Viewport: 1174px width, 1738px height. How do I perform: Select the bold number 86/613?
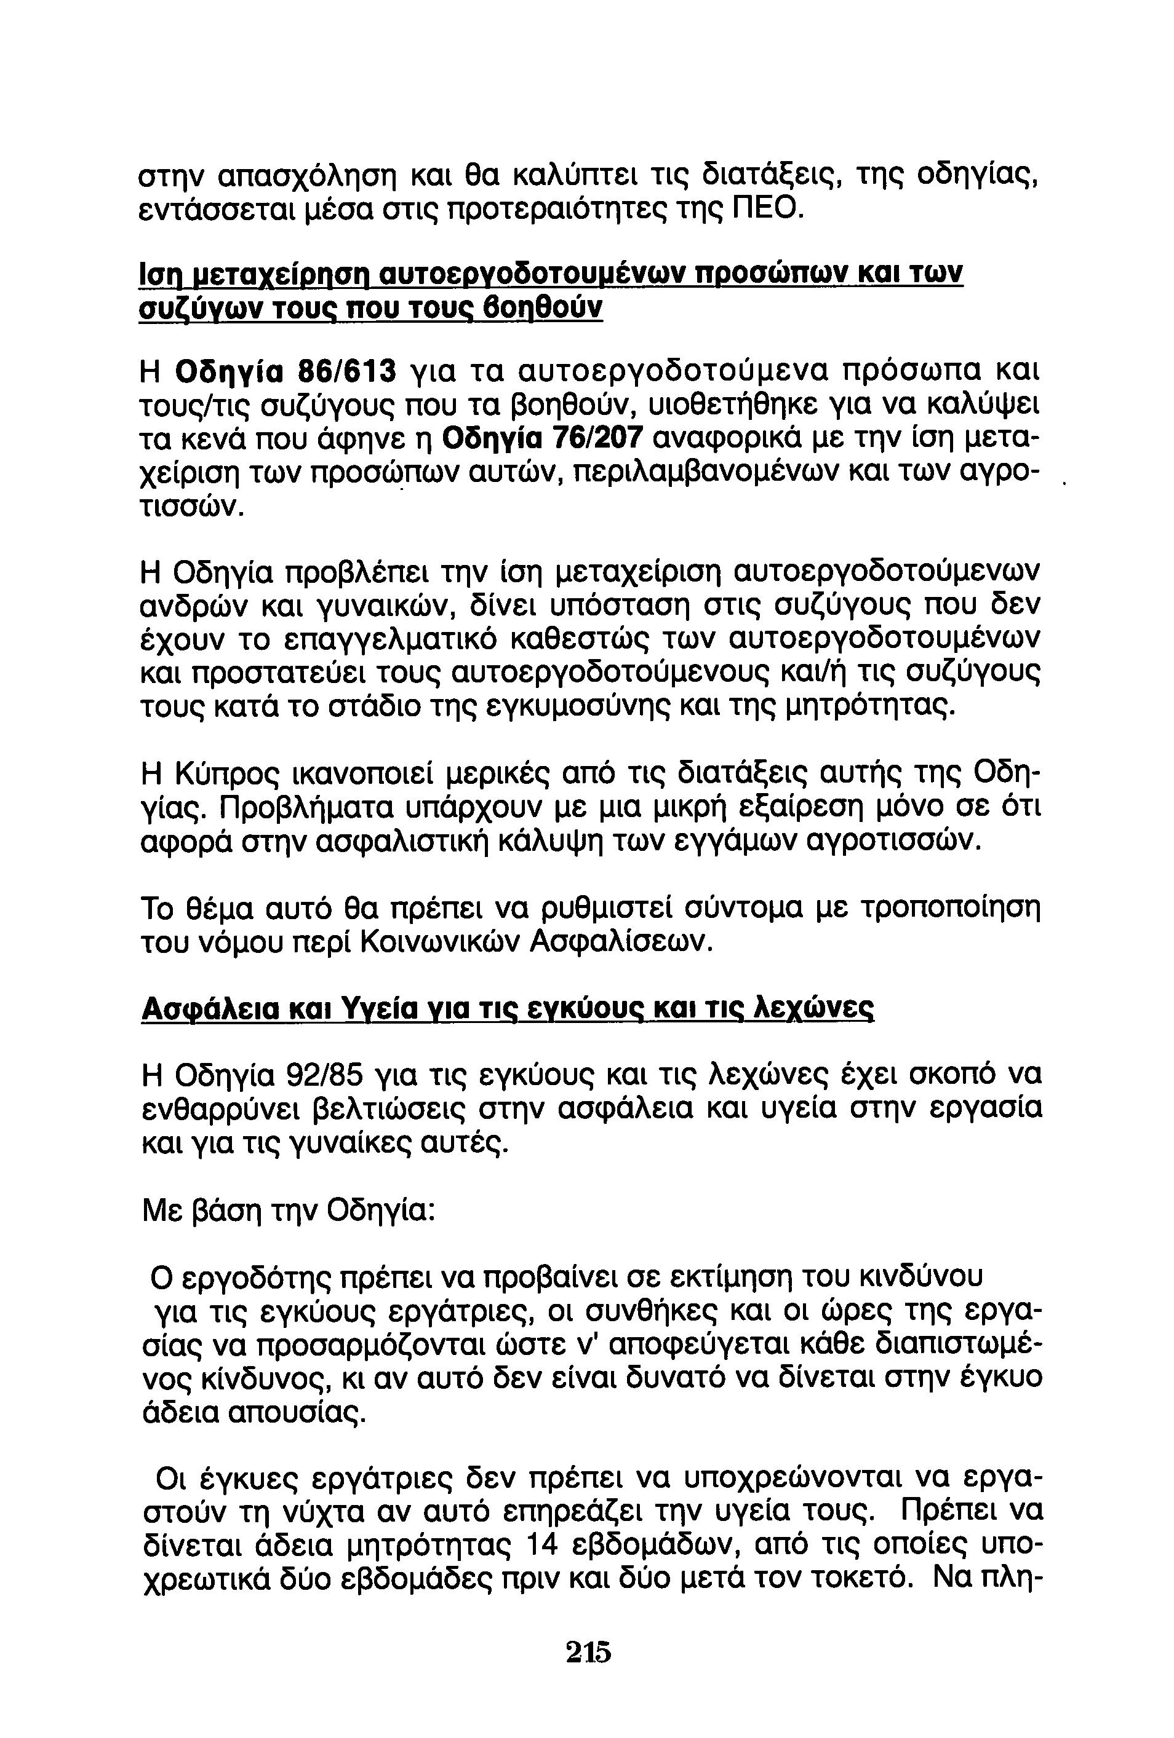346,369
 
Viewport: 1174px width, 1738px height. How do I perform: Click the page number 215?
588,1651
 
